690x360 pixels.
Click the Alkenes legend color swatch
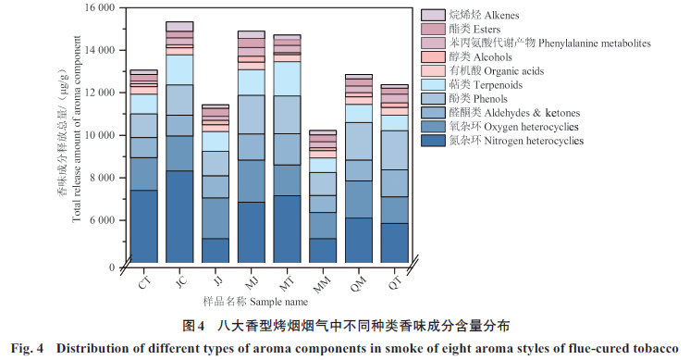[x=433, y=15]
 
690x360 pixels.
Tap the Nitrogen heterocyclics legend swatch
[x=433, y=141]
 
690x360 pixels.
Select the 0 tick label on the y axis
[x=112, y=267]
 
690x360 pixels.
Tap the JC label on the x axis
[x=180, y=281]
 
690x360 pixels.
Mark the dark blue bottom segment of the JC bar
[x=179, y=217]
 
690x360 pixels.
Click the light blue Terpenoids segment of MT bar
[x=288, y=79]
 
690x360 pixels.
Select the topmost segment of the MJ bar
[x=252, y=35]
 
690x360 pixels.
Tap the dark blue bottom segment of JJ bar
[x=216, y=251]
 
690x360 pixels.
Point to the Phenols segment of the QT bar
[x=395, y=150]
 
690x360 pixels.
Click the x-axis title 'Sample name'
[x=279, y=302]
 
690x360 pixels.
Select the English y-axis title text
[x=77, y=129]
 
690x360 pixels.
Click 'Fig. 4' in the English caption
[x=27, y=349]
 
